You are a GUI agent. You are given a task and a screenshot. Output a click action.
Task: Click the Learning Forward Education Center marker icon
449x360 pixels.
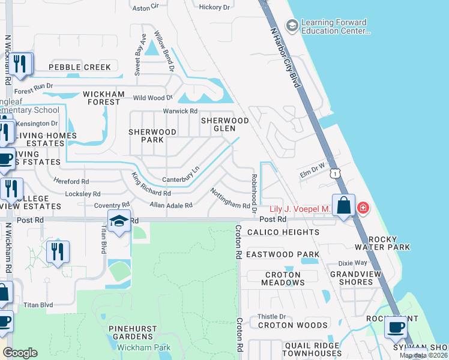[292, 25]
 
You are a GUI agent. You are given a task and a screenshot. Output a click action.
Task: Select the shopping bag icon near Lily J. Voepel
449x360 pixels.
[343, 205]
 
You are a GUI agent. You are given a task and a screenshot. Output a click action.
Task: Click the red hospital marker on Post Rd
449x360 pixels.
[363, 208]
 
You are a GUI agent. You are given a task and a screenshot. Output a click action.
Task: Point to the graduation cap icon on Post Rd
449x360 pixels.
[119, 221]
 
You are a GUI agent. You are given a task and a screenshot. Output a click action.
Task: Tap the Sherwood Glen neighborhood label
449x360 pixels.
[224, 124]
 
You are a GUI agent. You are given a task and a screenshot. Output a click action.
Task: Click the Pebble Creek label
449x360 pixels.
[80, 67]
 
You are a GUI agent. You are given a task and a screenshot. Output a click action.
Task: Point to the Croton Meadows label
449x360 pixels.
[282, 278]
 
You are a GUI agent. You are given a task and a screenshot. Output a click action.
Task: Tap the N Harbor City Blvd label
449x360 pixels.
[285, 56]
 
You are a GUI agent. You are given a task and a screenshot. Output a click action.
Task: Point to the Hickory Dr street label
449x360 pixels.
[214, 7]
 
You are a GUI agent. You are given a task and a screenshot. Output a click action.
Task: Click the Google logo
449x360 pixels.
[20, 353]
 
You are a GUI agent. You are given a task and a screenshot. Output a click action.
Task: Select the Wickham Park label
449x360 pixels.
[143, 347]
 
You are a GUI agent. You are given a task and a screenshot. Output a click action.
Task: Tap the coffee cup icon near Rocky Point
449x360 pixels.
[396, 327]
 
